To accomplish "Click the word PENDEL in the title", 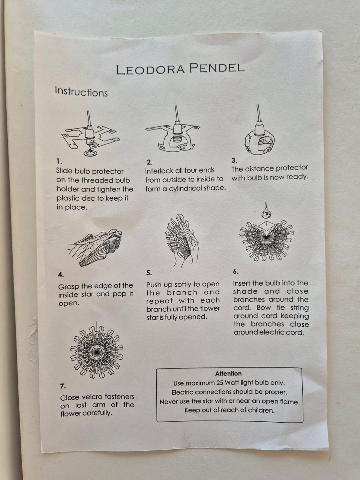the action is click(217, 68).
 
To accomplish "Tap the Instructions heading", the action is click(81, 91).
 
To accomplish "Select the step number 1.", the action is click(59, 161).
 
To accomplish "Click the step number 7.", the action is click(63, 386).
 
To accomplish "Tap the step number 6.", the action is click(235, 271).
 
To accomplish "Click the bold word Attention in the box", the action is click(228, 373).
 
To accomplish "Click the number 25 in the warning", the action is click(220, 383).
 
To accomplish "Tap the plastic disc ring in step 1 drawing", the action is click(90, 153).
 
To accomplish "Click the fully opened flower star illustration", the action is click(97, 352).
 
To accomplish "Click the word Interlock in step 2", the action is click(157, 171).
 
